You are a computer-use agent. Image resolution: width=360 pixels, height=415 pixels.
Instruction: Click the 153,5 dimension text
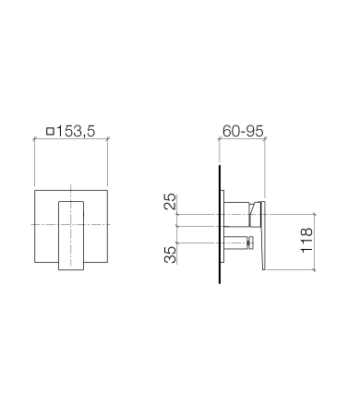(x=76, y=131)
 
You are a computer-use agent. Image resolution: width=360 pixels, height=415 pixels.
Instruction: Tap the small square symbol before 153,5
(x=50, y=132)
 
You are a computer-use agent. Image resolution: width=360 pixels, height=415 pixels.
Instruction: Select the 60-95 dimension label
(x=243, y=131)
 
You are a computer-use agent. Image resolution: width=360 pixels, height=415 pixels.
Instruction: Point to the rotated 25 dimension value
(x=170, y=201)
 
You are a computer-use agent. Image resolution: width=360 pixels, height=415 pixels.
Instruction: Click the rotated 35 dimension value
(x=170, y=255)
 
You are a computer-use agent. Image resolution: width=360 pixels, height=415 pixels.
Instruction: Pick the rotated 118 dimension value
(x=306, y=241)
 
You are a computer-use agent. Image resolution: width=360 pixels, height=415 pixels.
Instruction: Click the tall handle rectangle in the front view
(x=71, y=236)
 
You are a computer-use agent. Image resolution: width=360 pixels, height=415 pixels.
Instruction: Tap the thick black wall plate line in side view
(x=220, y=224)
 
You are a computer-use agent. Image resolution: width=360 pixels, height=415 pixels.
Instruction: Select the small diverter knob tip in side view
(x=250, y=243)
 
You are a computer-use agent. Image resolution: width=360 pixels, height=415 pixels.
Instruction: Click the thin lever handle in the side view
(x=263, y=236)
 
